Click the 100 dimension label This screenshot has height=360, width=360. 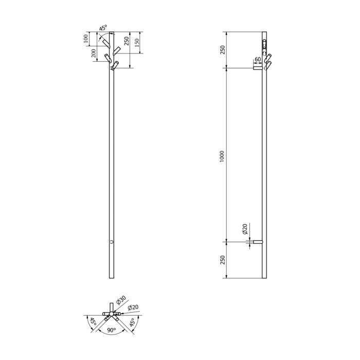pyautogui.click(x=86, y=39)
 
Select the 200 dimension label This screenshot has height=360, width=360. pyautogui.click(x=94, y=53)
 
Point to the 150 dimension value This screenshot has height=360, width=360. pyautogui.click(x=137, y=43)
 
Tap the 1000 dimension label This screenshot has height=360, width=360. pyautogui.click(x=222, y=156)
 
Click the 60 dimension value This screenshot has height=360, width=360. pyautogui.click(x=258, y=59)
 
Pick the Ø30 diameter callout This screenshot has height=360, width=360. pyautogui.click(x=121, y=300)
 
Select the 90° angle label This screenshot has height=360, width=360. pyautogui.click(x=112, y=330)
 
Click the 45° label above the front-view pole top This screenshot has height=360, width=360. pyautogui.click(x=103, y=28)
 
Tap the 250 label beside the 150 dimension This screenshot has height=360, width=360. pyautogui.click(x=127, y=41)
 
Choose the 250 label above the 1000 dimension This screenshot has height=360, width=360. pyautogui.click(x=223, y=50)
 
